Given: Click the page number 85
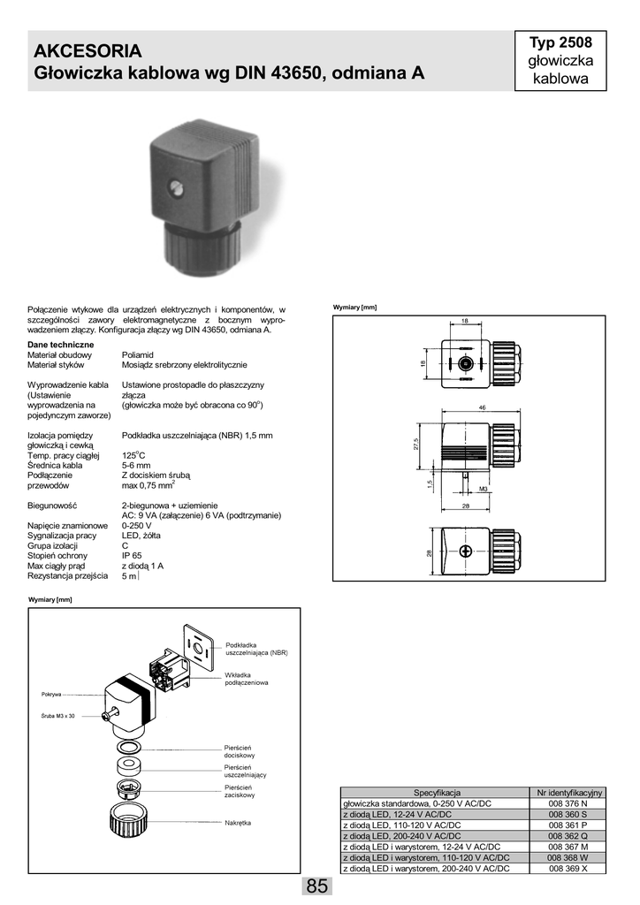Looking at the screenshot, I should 318,886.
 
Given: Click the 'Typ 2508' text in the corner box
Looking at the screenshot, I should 560,42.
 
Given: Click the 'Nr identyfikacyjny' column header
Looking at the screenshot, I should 567,792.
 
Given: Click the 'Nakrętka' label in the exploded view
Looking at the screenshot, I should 238,823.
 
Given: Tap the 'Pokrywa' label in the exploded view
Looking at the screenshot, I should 50,694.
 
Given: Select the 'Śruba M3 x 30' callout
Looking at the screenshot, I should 59,715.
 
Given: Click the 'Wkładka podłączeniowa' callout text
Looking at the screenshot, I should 247,680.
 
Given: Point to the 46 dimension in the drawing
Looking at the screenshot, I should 483,407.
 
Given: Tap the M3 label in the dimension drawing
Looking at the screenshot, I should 484,488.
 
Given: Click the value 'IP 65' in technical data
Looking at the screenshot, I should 133,555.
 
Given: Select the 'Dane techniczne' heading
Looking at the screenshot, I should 61,344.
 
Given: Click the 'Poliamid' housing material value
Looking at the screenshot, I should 139,354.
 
